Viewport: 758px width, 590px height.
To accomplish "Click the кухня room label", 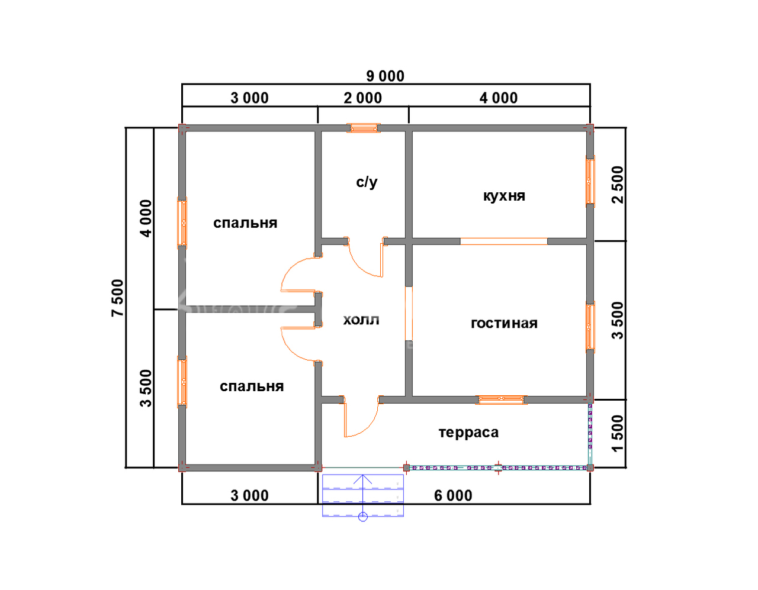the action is (x=504, y=196).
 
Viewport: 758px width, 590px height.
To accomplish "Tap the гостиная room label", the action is (x=504, y=323).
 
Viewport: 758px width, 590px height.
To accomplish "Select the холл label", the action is (x=361, y=320).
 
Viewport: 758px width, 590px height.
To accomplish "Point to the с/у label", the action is (x=367, y=182).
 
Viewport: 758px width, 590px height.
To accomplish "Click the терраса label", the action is (x=468, y=433).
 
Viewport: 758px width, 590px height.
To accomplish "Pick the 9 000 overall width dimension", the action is (x=385, y=76).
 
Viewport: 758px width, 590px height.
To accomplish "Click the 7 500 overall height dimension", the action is (x=118, y=298).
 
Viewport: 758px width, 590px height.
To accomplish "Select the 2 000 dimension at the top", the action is (x=363, y=98).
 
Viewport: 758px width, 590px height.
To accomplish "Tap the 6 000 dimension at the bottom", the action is (x=453, y=495).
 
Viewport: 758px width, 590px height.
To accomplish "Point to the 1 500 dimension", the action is (x=618, y=433).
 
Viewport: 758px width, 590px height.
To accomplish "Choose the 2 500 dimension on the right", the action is (x=618, y=185).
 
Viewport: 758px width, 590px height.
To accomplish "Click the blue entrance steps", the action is (x=363, y=495).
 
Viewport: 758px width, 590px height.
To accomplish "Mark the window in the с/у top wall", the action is (x=364, y=128).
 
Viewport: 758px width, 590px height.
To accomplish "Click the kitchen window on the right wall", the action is (x=590, y=181).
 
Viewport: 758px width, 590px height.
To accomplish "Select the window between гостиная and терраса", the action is (x=501, y=399).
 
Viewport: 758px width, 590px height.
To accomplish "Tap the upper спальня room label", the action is (x=245, y=223).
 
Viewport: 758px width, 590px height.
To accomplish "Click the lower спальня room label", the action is (x=252, y=386).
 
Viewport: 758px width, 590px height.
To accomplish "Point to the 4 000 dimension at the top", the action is (x=499, y=98).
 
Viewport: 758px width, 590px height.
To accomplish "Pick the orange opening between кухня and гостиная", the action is (x=504, y=241).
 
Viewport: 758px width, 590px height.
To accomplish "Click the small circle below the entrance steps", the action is (x=363, y=517).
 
